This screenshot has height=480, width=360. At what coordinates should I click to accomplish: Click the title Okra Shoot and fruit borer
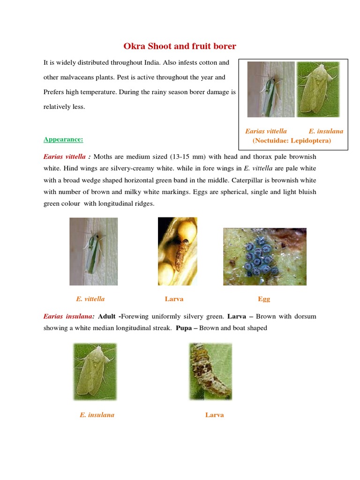[x=180, y=46]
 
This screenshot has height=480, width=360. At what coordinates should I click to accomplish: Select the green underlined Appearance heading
[x=63, y=139]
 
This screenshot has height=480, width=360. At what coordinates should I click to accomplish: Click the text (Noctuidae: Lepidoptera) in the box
[x=292, y=140]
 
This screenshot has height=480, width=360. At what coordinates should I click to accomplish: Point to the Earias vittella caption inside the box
[x=266, y=131]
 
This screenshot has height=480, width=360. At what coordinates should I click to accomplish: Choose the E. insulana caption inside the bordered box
[x=326, y=131]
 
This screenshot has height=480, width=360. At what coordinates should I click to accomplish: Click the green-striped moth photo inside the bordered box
[x=270, y=90]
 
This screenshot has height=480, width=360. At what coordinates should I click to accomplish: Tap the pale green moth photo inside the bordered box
[x=318, y=90]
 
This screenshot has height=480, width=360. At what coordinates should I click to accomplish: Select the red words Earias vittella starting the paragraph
[x=65, y=157]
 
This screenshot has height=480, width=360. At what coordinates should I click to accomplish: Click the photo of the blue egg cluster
[x=264, y=256]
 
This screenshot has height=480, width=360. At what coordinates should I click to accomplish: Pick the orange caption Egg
[x=264, y=299]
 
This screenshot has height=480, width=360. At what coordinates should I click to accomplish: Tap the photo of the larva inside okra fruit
[x=177, y=251]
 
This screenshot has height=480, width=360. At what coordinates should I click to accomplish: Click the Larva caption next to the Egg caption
[x=174, y=299]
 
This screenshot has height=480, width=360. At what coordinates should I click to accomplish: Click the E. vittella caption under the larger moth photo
[x=90, y=299]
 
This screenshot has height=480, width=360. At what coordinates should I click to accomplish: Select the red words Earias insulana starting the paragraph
[x=69, y=316]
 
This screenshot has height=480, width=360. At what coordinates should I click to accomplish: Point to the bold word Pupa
[x=184, y=328]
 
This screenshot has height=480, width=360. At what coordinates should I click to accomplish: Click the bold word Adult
[x=107, y=316]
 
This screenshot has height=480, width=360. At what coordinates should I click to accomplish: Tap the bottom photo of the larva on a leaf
[x=210, y=371]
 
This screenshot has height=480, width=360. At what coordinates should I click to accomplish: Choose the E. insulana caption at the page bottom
[x=97, y=415]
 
